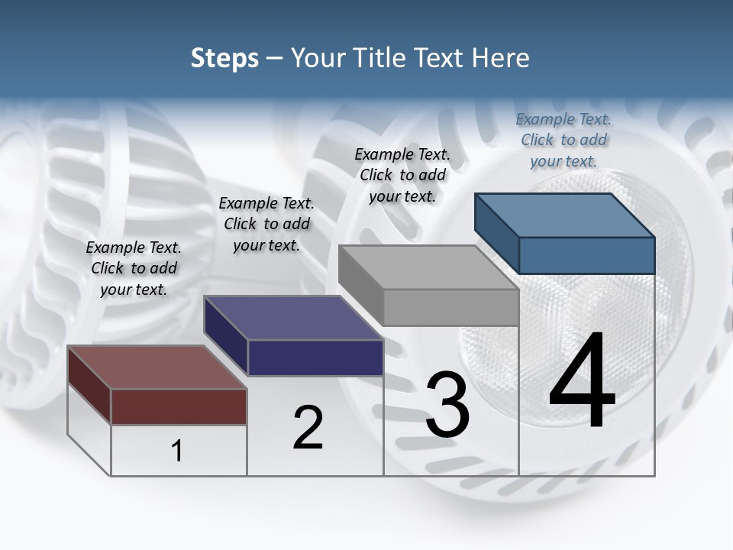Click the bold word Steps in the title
pos(224,59)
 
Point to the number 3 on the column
pos(447,405)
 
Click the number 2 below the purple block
pos(308,428)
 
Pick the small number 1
pos(177,451)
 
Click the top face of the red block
pos(157,367)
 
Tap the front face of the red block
pos(179,406)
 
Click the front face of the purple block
pos(315,357)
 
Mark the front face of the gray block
pos(450,307)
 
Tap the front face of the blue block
pos(586,255)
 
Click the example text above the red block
pos(134,268)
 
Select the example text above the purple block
pos(266,224)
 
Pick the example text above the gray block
pos(402,175)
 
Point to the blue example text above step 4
pos(563,140)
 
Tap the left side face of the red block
pos(89,384)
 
